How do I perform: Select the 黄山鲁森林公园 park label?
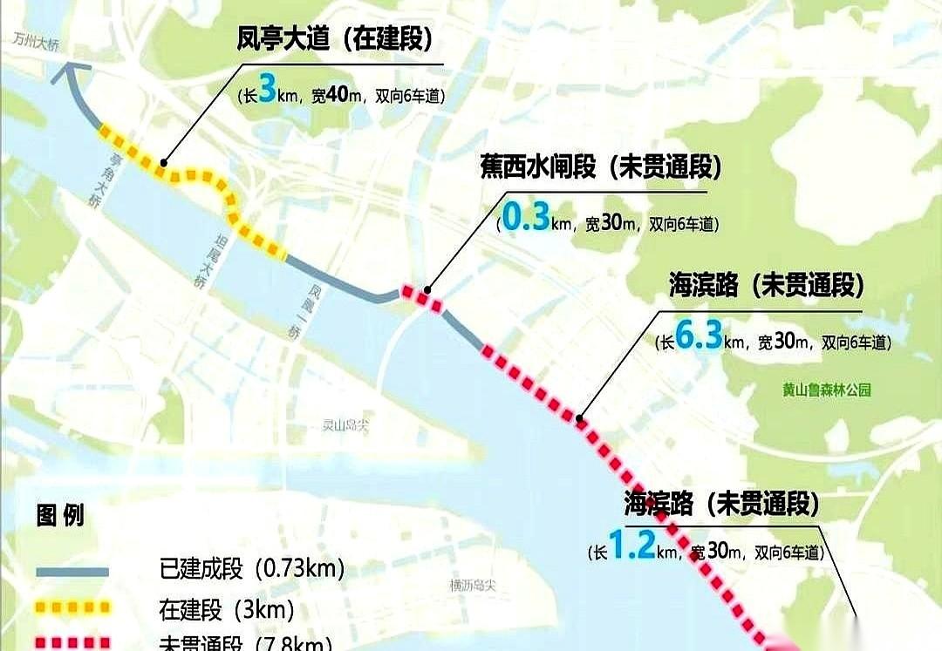(826, 390)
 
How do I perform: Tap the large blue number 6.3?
(698, 338)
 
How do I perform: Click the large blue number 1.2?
(631, 546)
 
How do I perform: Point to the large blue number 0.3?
(526, 219)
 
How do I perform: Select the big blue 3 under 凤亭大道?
(268, 91)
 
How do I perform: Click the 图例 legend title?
(60, 515)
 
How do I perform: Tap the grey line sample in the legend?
(72, 572)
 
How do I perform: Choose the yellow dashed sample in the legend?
(72, 607)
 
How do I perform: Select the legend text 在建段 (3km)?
(226, 608)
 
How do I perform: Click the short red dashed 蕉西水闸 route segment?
(420, 297)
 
